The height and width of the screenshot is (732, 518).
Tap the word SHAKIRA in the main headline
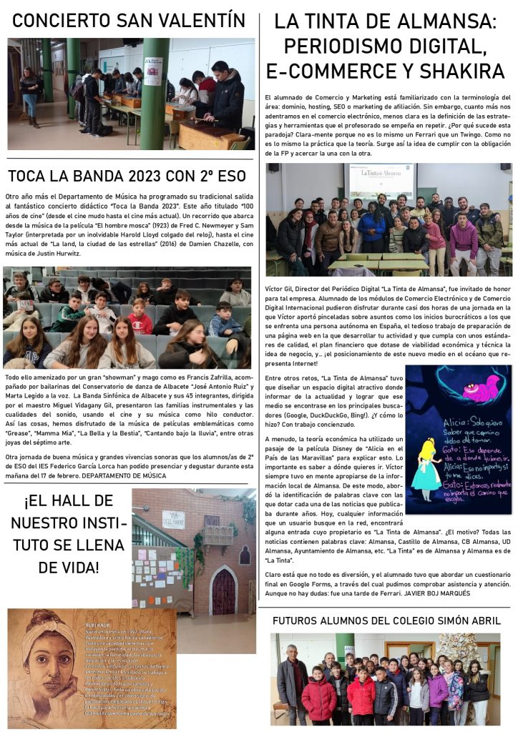click(x=462, y=71)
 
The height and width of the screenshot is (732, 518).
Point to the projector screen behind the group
click(x=380, y=182)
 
